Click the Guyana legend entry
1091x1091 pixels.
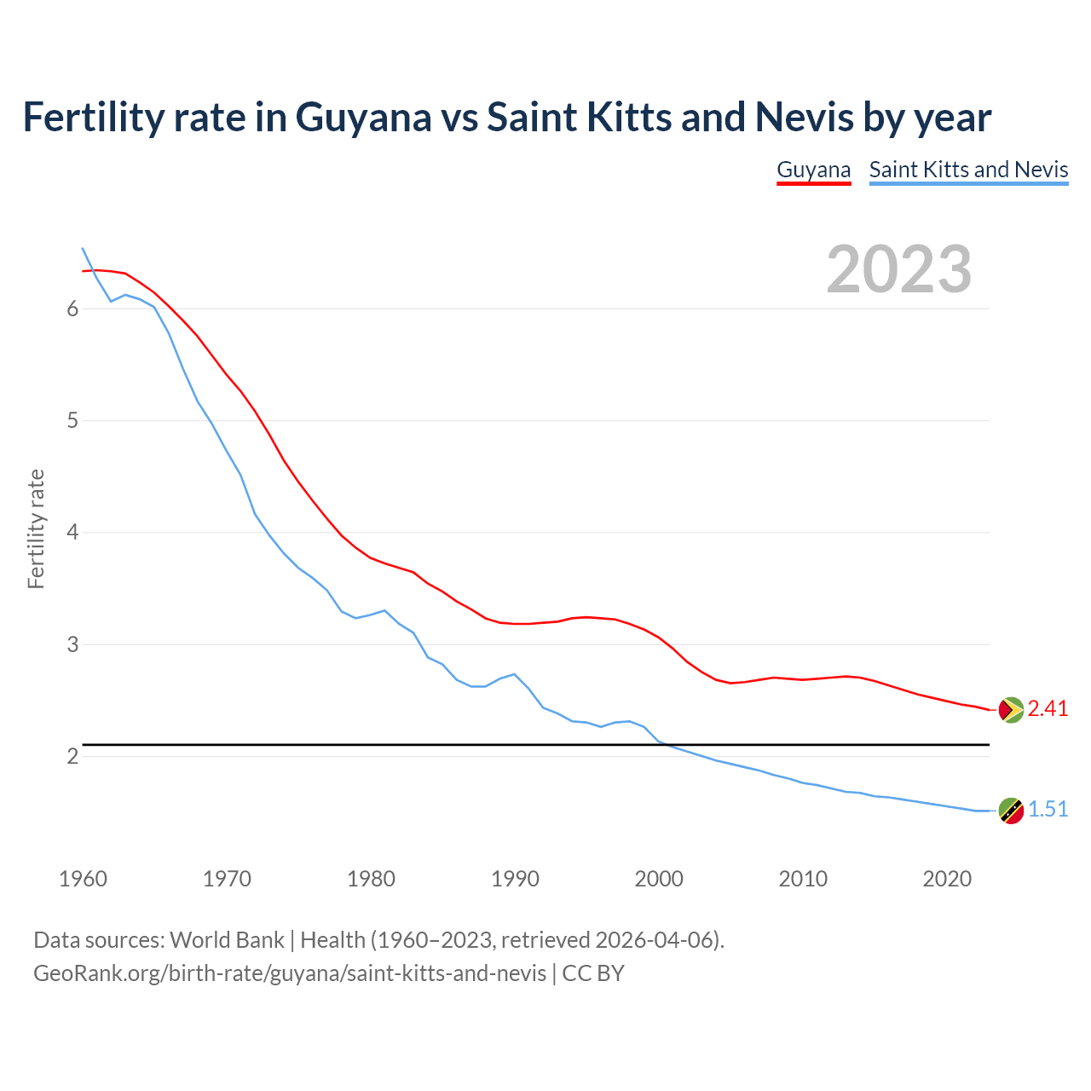pyautogui.click(x=813, y=170)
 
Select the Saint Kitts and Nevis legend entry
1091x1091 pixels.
pyautogui.click(x=968, y=170)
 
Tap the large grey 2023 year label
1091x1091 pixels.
pyautogui.click(x=899, y=269)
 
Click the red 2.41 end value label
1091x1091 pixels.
pyautogui.click(x=1048, y=709)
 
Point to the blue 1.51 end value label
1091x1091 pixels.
pyautogui.click(x=1048, y=810)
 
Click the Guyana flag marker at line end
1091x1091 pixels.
pyautogui.click(x=1011, y=709)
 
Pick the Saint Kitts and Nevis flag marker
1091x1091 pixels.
pyautogui.click(x=1011, y=811)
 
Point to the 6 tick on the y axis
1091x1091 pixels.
pyautogui.click(x=72, y=309)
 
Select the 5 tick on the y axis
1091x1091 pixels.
pyautogui.click(x=72, y=421)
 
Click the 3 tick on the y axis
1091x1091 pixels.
pyautogui.click(x=72, y=645)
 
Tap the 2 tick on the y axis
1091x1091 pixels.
pyautogui.click(x=72, y=757)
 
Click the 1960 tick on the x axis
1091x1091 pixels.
pyautogui.click(x=83, y=879)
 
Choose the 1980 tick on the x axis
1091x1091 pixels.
pyautogui.click(x=371, y=879)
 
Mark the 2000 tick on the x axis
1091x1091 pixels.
pyautogui.click(x=659, y=879)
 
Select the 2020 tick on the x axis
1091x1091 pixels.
pyautogui.click(x=947, y=879)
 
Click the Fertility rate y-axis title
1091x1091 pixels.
pyautogui.click(x=36, y=528)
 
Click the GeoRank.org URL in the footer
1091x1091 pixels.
pyautogui.click(x=290, y=973)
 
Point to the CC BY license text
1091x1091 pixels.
pyautogui.click(x=593, y=973)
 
